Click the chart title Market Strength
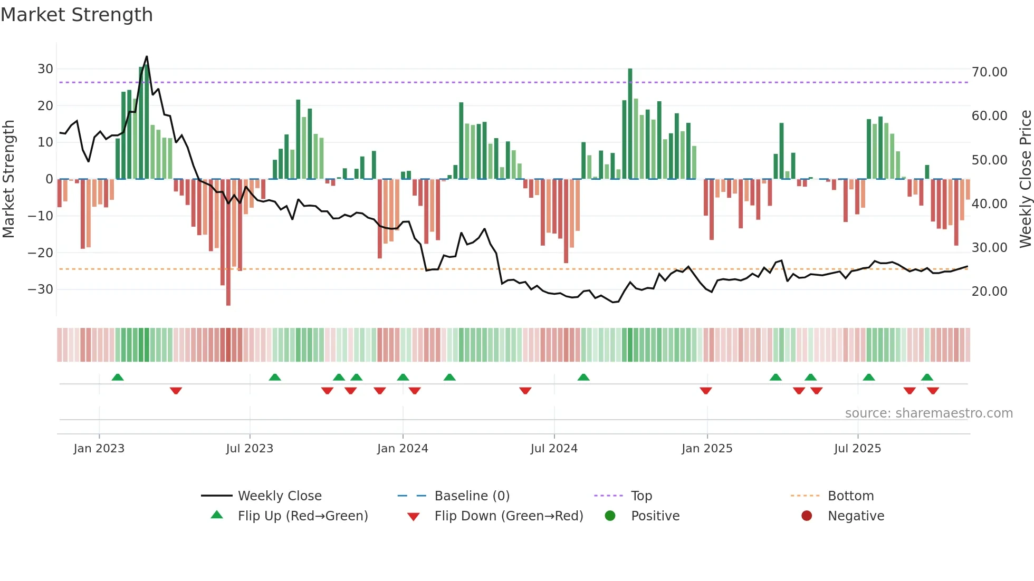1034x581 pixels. coord(76,15)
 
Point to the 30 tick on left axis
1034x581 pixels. coord(45,69)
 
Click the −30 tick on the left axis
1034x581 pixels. coord(41,289)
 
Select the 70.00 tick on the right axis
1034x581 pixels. coord(989,72)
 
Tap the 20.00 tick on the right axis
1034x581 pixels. coord(989,292)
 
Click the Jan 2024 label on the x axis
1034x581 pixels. coord(403,449)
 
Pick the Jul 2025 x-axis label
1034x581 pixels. coord(857,449)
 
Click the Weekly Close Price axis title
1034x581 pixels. coord(1025,179)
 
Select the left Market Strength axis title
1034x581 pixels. coord(8,179)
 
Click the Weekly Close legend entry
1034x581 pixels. coord(280,496)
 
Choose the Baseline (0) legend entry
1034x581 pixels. coord(472,496)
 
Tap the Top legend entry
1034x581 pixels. coord(642,496)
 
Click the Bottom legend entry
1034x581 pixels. coord(850,496)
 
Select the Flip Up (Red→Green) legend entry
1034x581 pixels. coord(302,516)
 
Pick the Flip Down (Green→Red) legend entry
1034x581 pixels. coord(509,516)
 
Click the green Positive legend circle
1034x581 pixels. coord(610,516)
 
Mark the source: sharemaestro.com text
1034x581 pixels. coord(928,413)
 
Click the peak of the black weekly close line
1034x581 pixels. coord(147,57)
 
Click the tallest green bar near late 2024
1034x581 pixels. coord(630,124)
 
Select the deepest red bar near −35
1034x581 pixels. coord(228,243)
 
